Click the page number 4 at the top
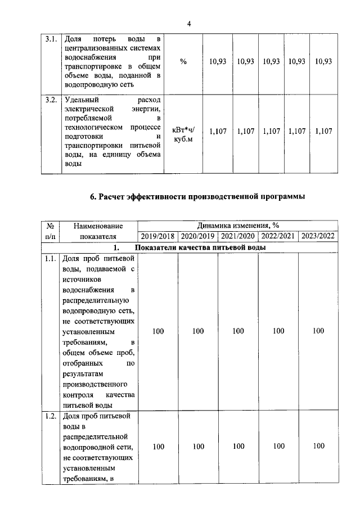click(x=189, y=24)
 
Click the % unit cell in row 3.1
click(x=183, y=61)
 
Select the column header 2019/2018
click(x=158, y=236)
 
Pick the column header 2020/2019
click(x=198, y=236)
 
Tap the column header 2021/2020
click(x=238, y=236)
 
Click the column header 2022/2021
click(x=278, y=236)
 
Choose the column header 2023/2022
click(x=318, y=236)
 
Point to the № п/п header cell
click(x=49, y=231)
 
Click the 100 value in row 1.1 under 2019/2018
click(x=158, y=331)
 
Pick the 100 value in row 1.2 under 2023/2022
click(x=319, y=446)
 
